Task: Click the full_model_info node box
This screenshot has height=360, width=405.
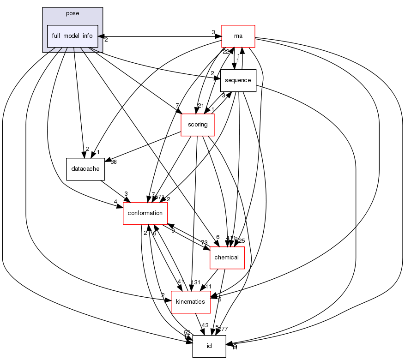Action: (x=73, y=36)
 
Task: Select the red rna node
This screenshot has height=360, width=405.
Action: (x=238, y=36)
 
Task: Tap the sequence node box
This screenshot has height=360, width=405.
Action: (x=238, y=80)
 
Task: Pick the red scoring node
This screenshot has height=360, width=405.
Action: (x=198, y=125)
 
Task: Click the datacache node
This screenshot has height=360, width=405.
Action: (x=85, y=169)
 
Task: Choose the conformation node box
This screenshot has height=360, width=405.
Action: (x=145, y=213)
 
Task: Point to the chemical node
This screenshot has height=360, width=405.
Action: (x=227, y=258)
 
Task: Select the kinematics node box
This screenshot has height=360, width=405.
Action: (x=191, y=302)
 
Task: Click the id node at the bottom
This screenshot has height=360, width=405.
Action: (x=209, y=346)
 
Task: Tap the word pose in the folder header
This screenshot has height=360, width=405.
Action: (x=73, y=13)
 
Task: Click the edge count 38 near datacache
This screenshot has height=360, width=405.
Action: (x=113, y=162)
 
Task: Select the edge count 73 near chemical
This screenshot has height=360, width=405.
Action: (x=204, y=243)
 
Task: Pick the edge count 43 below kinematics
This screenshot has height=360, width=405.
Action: (x=205, y=325)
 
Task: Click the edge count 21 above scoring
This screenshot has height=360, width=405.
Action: (x=200, y=106)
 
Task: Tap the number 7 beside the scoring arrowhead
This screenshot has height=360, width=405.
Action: (x=177, y=106)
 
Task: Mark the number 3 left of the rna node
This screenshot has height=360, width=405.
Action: (x=213, y=32)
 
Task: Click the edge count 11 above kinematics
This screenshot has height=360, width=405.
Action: (x=208, y=287)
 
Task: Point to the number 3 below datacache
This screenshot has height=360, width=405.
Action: (x=126, y=194)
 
